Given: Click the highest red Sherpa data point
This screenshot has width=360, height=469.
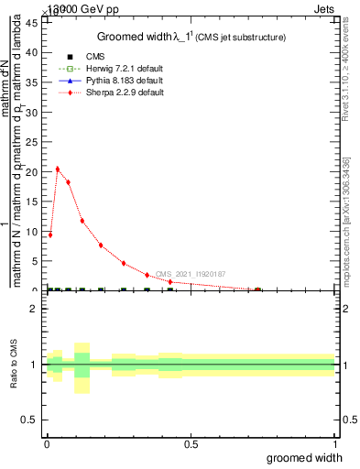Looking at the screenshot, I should click(58, 169).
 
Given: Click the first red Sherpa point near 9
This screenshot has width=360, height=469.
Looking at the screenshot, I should click(49, 234).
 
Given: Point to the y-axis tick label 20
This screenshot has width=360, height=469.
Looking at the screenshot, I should click(30, 171).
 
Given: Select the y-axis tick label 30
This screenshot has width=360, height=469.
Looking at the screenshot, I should click(30, 112).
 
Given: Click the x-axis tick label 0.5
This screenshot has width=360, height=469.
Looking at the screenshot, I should click(191, 445).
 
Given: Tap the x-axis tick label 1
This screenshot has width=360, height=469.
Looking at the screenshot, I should click(334, 445).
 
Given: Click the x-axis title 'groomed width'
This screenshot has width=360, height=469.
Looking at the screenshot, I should click(304, 458).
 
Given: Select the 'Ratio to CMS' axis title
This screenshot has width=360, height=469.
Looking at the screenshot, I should click(13, 365).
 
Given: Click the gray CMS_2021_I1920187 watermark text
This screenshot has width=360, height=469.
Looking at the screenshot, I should click(190, 274).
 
